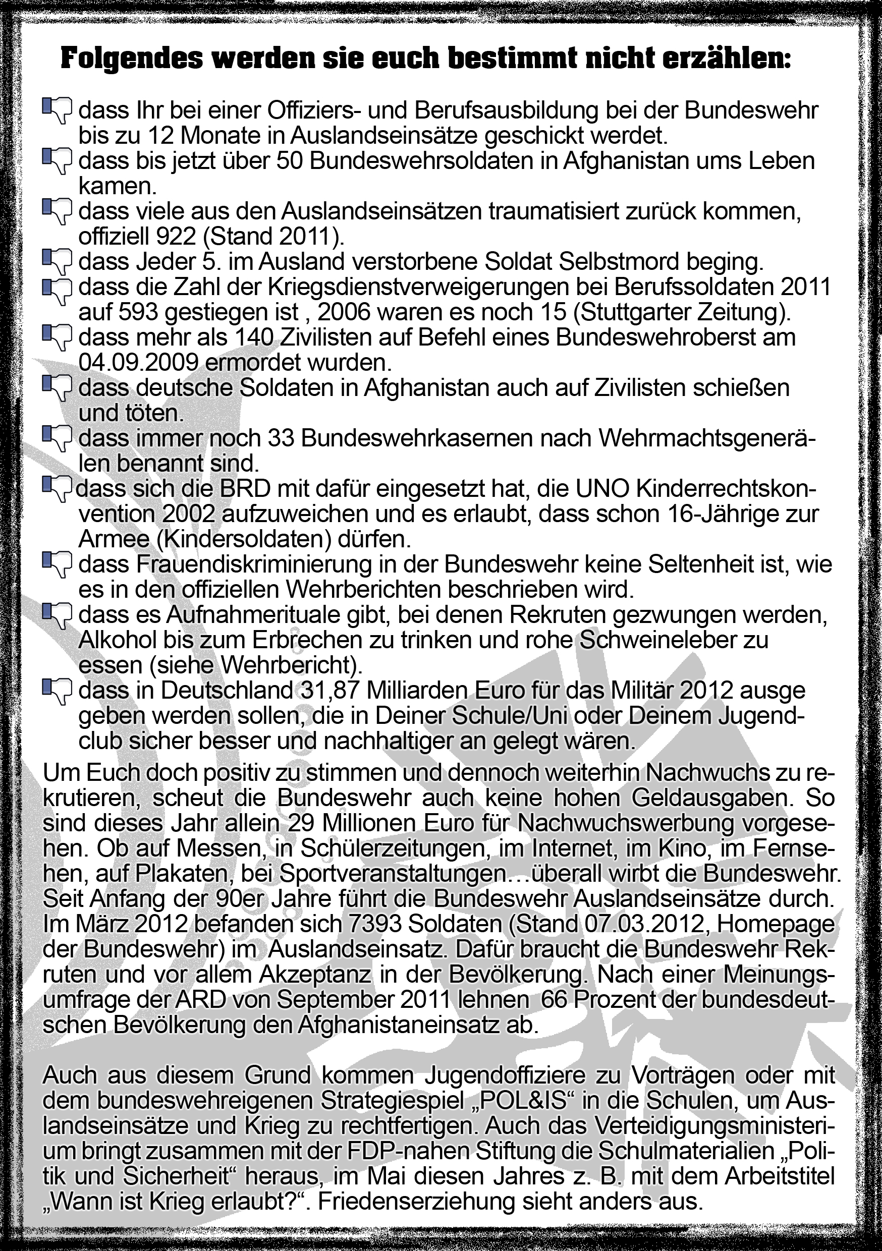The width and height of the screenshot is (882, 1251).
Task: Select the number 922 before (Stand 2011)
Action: [x=176, y=237]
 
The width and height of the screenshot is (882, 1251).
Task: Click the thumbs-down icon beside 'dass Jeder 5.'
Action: [x=57, y=261]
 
